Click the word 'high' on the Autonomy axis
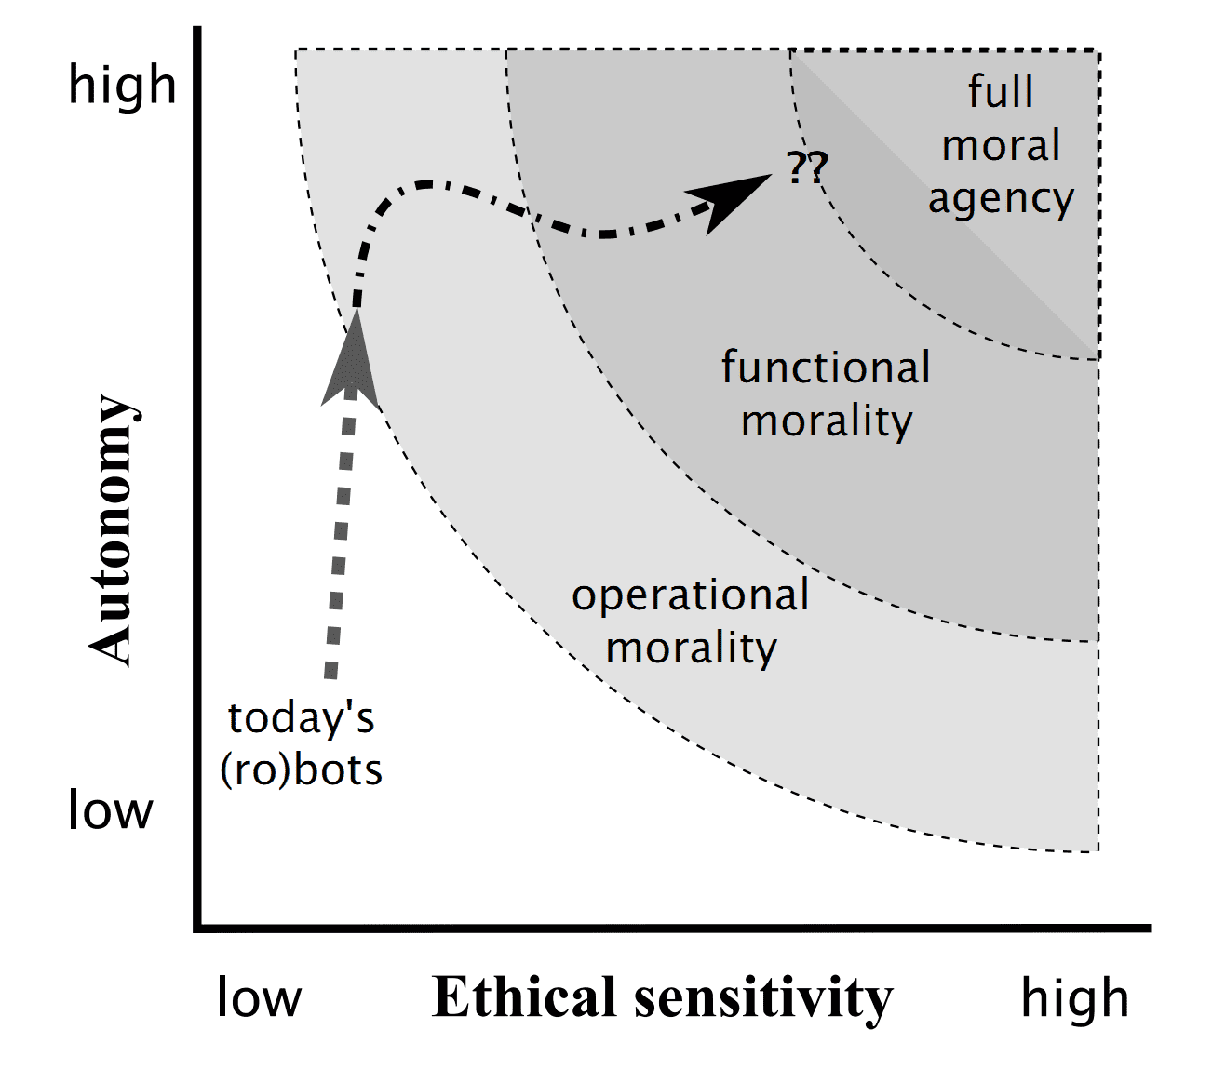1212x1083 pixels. click(x=122, y=86)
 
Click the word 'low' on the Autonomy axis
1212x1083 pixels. click(x=110, y=811)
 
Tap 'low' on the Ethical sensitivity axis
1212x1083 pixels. click(x=259, y=998)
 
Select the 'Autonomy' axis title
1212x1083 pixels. click(x=114, y=530)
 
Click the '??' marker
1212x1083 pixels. click(x=806, y=168)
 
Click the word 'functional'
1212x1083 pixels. click(x=826, y=368)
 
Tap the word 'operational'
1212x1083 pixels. click(x=690, y=595)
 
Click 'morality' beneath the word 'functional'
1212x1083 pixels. click(x=827, y=422)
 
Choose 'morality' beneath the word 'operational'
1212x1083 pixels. click(x=691, y=648)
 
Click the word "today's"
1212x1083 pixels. click(x=301, y=718)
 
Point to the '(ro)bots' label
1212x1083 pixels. click(x=301, y=770)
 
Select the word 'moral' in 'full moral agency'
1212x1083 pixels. click(x=1001, y=146)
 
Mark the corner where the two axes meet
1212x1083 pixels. click(x=197, y=928)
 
